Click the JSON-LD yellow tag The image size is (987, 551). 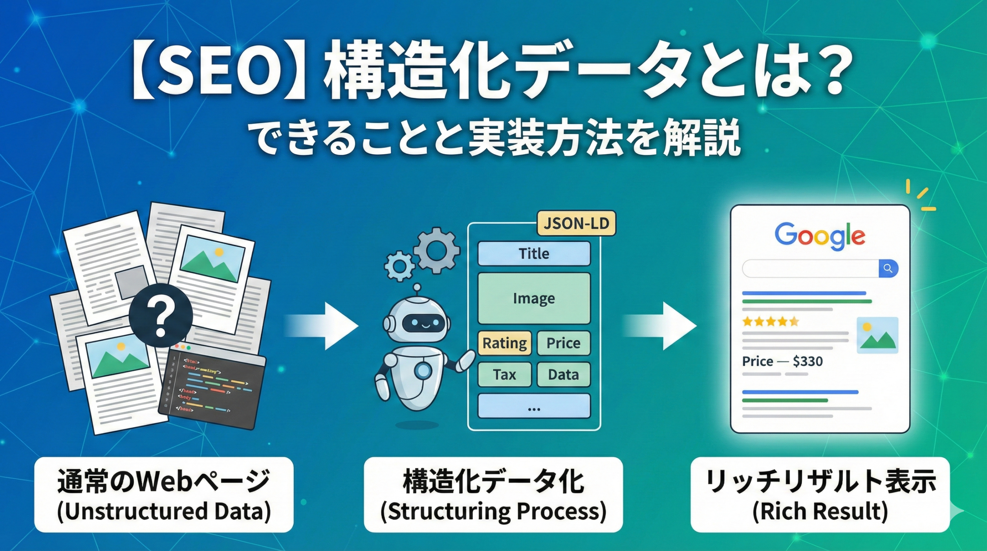[576, 224]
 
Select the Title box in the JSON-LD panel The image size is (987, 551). [534, 254]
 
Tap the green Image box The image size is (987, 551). [534, 298]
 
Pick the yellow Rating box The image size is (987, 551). [505, 343]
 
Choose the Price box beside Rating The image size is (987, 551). [563, 343]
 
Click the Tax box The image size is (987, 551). [505, 374]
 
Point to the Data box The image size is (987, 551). [563, 374]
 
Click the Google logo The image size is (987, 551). [820, 236]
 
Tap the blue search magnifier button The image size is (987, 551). [888, 269]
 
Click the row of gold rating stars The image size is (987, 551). [770, 321]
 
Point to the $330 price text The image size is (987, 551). [808, 361]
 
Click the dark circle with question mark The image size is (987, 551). [161, 315]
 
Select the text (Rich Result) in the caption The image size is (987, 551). [820, 511]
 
